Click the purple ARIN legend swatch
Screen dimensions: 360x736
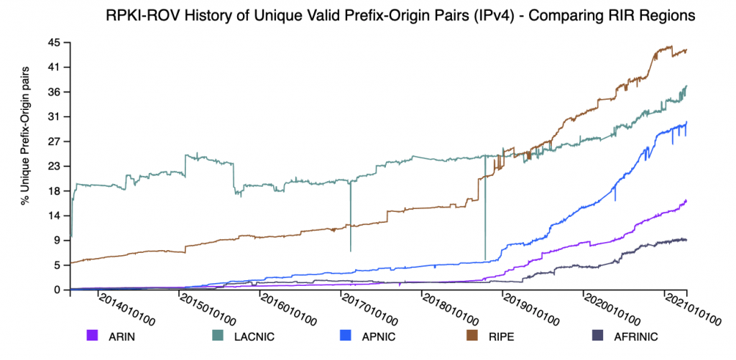(x=91, y=335)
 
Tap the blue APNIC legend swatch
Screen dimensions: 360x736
(x=347, y=335)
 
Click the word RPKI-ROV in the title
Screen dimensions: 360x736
(x=138, y=16)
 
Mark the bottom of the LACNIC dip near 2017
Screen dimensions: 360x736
(x=350, y=251)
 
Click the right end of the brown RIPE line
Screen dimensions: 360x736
(x=686, y=50)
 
